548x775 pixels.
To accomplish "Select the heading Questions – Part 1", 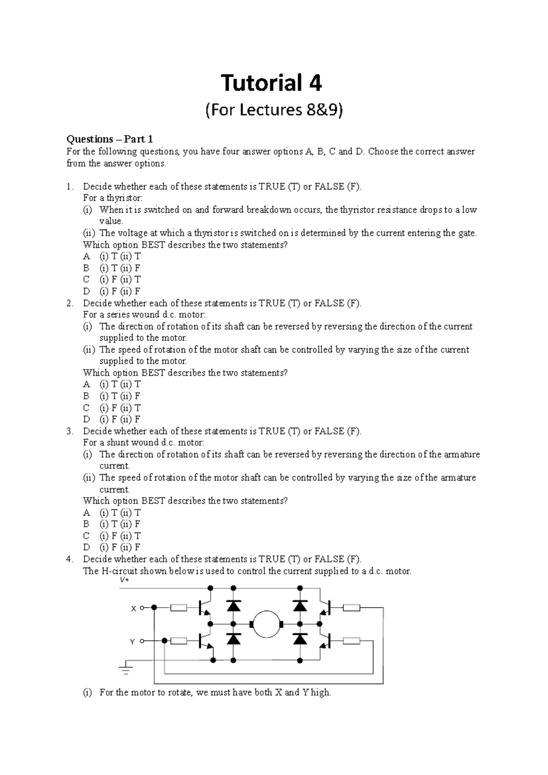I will (110, 139).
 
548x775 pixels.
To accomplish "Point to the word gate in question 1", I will (466, 233).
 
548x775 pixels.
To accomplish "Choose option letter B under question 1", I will (86, 268).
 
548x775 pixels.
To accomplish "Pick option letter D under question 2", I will (86, 419).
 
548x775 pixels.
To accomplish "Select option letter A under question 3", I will (86, 513).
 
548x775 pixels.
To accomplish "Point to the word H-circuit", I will (116, 571).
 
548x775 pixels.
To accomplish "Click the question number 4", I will (69, 559).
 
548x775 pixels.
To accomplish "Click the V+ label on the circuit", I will (124, 580).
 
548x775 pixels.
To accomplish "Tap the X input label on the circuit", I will (133, 608).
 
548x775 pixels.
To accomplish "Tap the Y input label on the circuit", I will (132, 642).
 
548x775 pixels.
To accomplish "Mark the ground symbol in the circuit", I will (126, 670).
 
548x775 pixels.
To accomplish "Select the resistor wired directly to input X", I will (179, 608).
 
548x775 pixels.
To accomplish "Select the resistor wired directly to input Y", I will (179, 641).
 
